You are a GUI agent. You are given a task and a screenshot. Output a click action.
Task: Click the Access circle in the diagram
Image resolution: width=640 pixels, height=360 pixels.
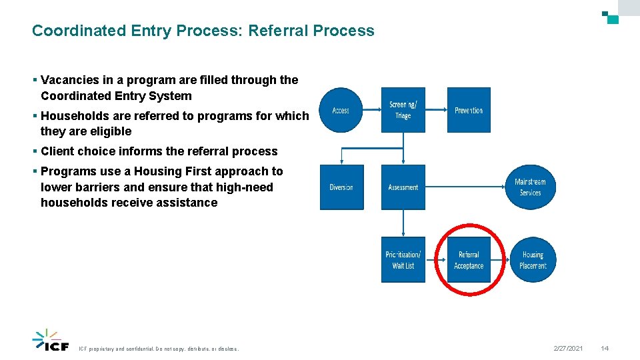pyautogui.click(x=341, y=110)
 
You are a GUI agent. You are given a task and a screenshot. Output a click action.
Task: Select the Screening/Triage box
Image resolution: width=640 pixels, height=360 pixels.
pyautogui.click(x=403, y=110)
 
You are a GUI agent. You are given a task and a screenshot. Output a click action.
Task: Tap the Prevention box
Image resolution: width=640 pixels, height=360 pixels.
pyautogui.click(x=469, y=110)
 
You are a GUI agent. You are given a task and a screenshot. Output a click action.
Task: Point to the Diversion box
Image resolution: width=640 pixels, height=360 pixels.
pyautogui.click(x=341, y=187)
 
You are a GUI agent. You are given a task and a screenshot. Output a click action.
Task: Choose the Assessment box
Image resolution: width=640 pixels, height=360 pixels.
pyautogui.click(x=403, y=187)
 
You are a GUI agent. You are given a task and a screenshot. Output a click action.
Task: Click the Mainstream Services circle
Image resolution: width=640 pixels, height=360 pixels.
pyautogui.click(x=530, y=187)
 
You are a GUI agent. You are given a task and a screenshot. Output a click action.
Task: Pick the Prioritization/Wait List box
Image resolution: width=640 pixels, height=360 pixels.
pyautogui.click(x=403, y=260)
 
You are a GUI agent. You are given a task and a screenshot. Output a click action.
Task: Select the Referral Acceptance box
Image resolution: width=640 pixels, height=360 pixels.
pyautogui.click(x=469, y=260)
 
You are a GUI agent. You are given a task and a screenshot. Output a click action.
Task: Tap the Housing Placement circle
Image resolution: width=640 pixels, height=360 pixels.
pyautogui.click(x=533, y=260)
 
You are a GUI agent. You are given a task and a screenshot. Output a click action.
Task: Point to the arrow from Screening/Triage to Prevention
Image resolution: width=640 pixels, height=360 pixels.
pyautogui.click(x=436, y=110)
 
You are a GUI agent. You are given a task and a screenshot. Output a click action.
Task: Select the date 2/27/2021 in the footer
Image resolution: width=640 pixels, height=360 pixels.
pyautogui.click(x=568, y=349)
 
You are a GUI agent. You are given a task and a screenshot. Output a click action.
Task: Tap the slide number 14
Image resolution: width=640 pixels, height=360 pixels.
pyautogui.click(x=605, y=349)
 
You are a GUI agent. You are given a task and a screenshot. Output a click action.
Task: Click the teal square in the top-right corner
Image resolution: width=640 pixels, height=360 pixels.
pyautogui.click(x=613, y=19)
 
